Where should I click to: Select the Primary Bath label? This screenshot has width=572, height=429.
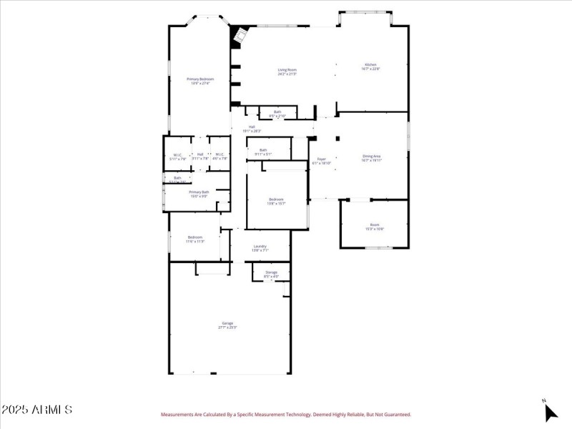[x=199, y=194]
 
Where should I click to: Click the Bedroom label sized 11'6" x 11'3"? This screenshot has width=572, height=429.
[x=195, y=239]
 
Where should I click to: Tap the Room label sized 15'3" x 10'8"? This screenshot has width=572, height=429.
[x=375, y=226]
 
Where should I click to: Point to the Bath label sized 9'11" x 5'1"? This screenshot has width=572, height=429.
[x=263, y=152]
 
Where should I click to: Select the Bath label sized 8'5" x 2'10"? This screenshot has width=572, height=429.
[x=277, y=113]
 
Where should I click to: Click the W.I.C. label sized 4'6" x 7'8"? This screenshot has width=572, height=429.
[x=220, y=156]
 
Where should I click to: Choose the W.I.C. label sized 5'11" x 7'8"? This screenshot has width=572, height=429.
[x=177, y=156]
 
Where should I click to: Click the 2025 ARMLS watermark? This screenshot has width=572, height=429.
[x=36, y=410]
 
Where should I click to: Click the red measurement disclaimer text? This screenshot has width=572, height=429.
[x=286, y=414]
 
